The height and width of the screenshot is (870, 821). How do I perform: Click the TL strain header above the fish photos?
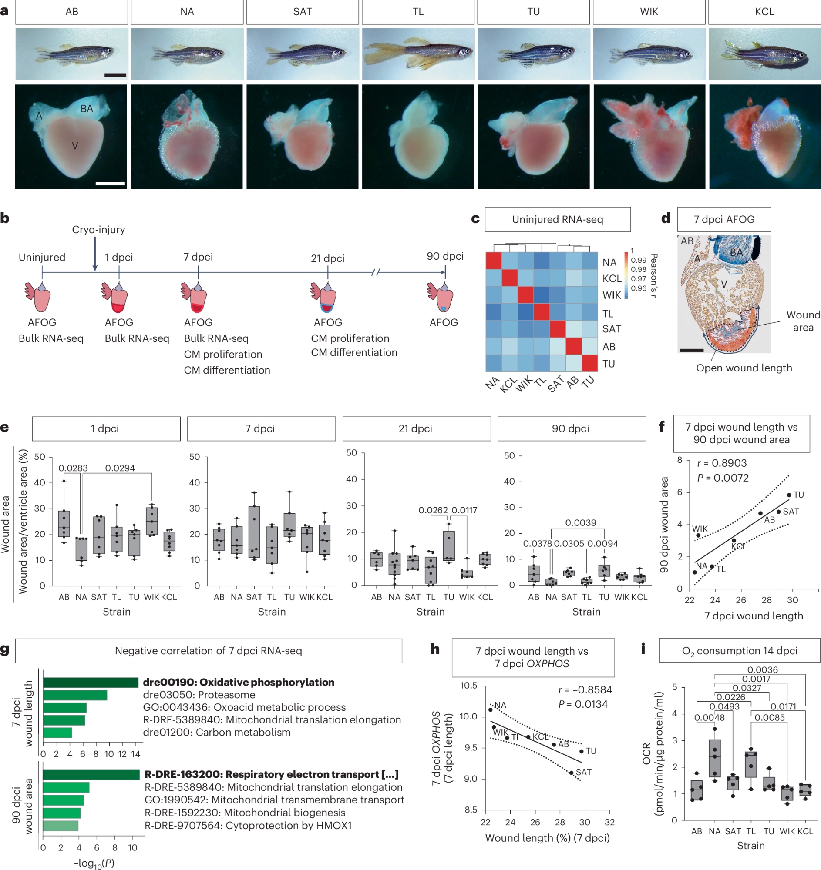(418, 12)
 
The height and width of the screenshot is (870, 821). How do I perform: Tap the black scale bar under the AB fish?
(115, 75)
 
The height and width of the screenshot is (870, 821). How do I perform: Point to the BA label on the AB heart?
(87, 109)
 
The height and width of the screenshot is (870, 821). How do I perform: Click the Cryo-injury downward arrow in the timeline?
(95, 254)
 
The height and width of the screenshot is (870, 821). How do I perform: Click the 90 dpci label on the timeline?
(445, 256)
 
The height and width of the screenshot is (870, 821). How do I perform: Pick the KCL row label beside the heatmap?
(612, 279)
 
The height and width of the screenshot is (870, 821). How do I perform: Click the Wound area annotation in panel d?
(803, 321)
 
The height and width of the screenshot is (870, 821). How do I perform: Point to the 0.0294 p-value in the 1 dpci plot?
(120, 468)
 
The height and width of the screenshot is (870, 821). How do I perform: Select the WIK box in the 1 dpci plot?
(151, 522)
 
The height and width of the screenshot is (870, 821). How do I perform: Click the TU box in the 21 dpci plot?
(449, 546)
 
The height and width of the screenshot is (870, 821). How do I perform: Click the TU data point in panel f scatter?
(789, 495)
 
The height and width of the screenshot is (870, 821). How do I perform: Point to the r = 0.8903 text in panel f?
(722, 463)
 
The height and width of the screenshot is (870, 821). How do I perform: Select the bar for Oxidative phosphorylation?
(91, 682)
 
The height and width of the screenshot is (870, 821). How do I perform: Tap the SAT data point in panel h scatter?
(571, 773)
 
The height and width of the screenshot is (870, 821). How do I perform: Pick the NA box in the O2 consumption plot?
(715, 758)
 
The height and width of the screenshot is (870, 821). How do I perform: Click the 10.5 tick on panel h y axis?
(468, 686)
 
